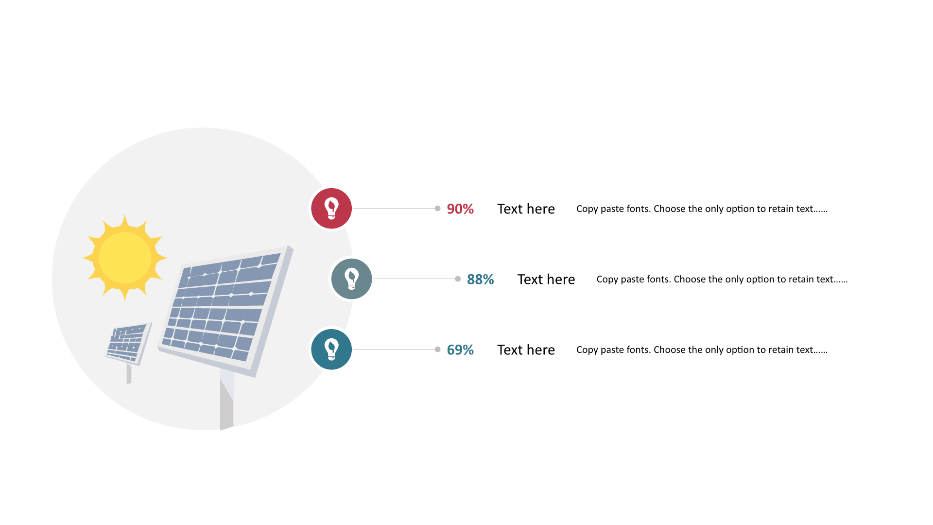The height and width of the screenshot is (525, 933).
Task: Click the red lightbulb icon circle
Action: click(x=331, y=209)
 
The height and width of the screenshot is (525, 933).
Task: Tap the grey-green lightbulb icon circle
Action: click(x=351, y=279)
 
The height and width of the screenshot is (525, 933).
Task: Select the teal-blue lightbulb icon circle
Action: click(x=331, y=350)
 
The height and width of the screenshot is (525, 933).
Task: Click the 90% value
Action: click(x=460, y=209)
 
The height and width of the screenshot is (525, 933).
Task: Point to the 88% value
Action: click(x=480, y=280)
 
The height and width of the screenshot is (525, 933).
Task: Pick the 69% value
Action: click(x=460, y=350)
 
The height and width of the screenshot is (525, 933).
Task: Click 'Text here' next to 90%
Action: click(x=526, y=209)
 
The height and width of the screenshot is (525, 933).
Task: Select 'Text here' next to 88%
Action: click(x=546, y=280)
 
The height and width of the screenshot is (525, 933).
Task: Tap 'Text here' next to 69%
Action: click(x=526, y=350)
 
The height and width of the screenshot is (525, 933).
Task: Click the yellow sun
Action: click(x=125, y=258)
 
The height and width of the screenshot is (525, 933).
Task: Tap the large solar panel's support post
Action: click(x=227, y=399)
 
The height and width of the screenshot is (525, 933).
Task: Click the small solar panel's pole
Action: click(x=129, y=373)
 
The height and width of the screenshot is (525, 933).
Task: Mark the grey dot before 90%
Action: click(x=438, y=209)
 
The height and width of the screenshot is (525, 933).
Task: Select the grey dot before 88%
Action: click(x=458, y=279)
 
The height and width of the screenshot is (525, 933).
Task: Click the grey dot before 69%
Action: click(x=438, y=350)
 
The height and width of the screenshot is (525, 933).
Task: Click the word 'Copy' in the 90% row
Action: click(x=587, y=209)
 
